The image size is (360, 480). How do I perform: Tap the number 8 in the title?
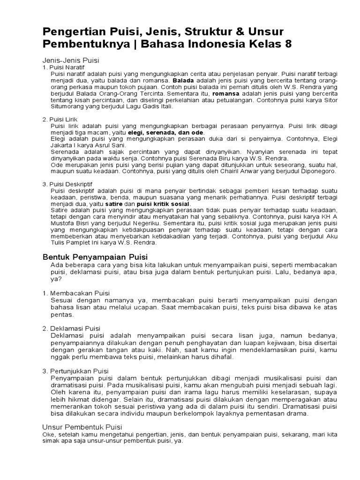pos(286,44)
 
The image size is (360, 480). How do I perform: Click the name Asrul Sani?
pos(98,145)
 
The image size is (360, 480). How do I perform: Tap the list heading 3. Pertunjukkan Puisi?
pos(76,371)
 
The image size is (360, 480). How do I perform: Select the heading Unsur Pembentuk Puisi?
pos(82,427)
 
